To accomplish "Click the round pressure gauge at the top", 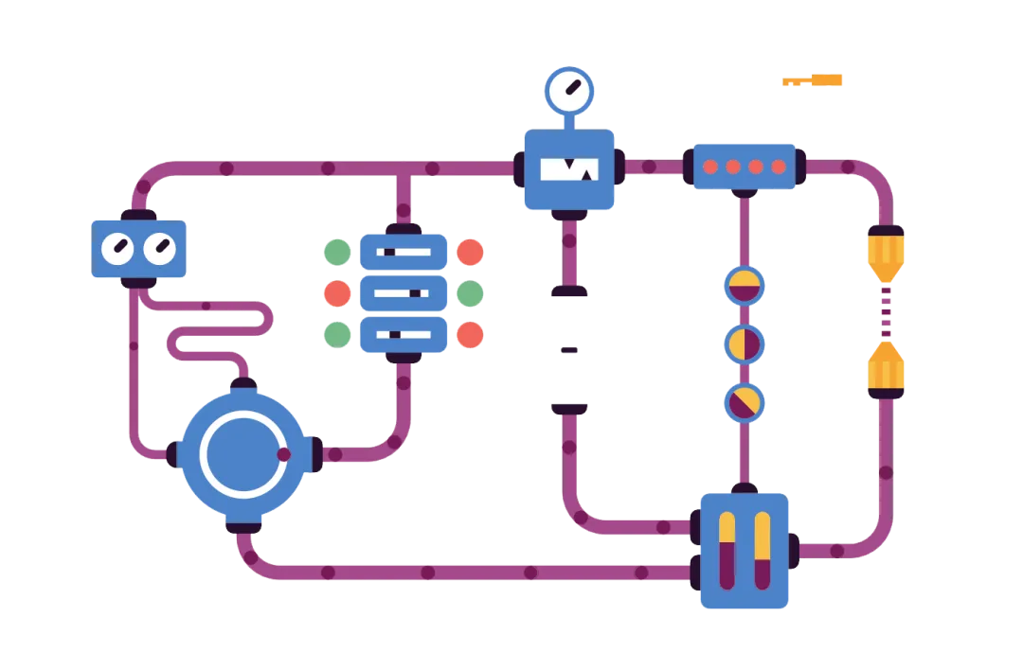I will (568, 91).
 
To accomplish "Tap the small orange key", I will (814, 80).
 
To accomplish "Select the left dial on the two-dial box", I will (118, 249).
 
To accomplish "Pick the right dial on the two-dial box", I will (159, 249).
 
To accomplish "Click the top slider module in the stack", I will (404, 253).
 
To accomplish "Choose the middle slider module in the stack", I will (404, 293).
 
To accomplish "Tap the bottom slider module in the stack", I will (404, 334).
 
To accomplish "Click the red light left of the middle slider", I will (337, 293).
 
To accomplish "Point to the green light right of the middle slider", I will (470, 293).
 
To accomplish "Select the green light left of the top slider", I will (337, 253).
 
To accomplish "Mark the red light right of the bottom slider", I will (470, 334).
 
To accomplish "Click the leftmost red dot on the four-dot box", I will (710, 167).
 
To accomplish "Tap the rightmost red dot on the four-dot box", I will (779, 167).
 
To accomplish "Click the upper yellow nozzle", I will (886, 254).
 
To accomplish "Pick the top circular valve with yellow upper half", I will (744, 285).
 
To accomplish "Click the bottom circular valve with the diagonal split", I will (744, 403).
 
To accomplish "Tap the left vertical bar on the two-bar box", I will (727, 551).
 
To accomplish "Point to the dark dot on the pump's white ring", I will (283, 454).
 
